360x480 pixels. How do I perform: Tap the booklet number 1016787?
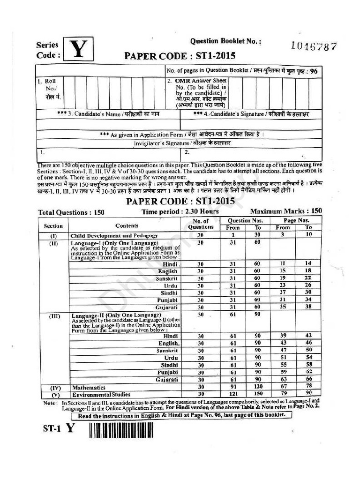pos(314,46)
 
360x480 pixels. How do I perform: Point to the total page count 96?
pos(314,71)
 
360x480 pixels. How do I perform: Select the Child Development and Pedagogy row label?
pos(114,235)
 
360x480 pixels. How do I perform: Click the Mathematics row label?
pos(88,388)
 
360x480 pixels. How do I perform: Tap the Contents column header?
pos(127,225)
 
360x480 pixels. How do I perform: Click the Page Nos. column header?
pos(296,220)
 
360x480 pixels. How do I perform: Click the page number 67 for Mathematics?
pos(283,387)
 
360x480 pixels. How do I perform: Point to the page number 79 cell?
pos(283,394)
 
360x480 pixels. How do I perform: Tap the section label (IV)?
pos(53,388)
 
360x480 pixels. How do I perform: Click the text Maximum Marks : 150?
pos(286,211)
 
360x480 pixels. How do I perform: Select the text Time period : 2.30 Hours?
pos(180,211)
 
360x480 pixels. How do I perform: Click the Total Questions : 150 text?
pos(71,212)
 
